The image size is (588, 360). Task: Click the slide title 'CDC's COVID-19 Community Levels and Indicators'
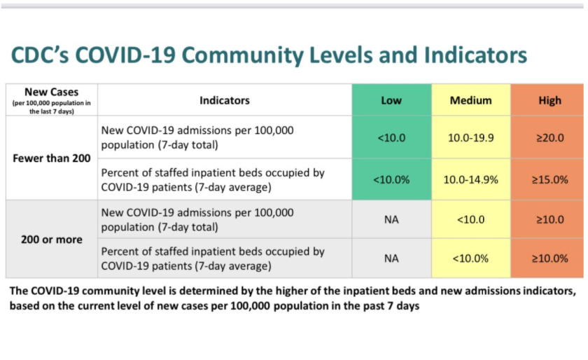pos(268,55)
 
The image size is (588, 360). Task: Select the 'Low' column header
pos(391,100)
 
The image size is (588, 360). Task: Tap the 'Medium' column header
pos(471,100)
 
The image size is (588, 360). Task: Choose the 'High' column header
pos(549,100)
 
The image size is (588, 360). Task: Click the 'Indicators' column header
pos(225,100)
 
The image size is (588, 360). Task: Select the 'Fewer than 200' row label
pos(51,158)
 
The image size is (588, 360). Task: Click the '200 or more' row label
pos(51,240)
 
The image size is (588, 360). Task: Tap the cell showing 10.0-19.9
pos(471,138)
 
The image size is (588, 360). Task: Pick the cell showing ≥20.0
pos(549,138)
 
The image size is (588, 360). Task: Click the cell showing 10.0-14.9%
pos(471,179)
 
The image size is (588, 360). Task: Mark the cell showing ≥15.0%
pos(549,179)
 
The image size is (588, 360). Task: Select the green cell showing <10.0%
pos(391,179)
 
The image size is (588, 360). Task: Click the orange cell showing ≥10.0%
pos(549,258)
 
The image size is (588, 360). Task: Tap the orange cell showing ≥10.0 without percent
pos(549,219)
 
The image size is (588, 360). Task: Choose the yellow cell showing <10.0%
pos(471,258)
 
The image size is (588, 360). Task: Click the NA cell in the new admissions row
pos(391,219)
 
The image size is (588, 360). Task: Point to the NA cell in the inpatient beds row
pos(391,258)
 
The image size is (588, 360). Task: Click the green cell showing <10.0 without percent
pos(391,138)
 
